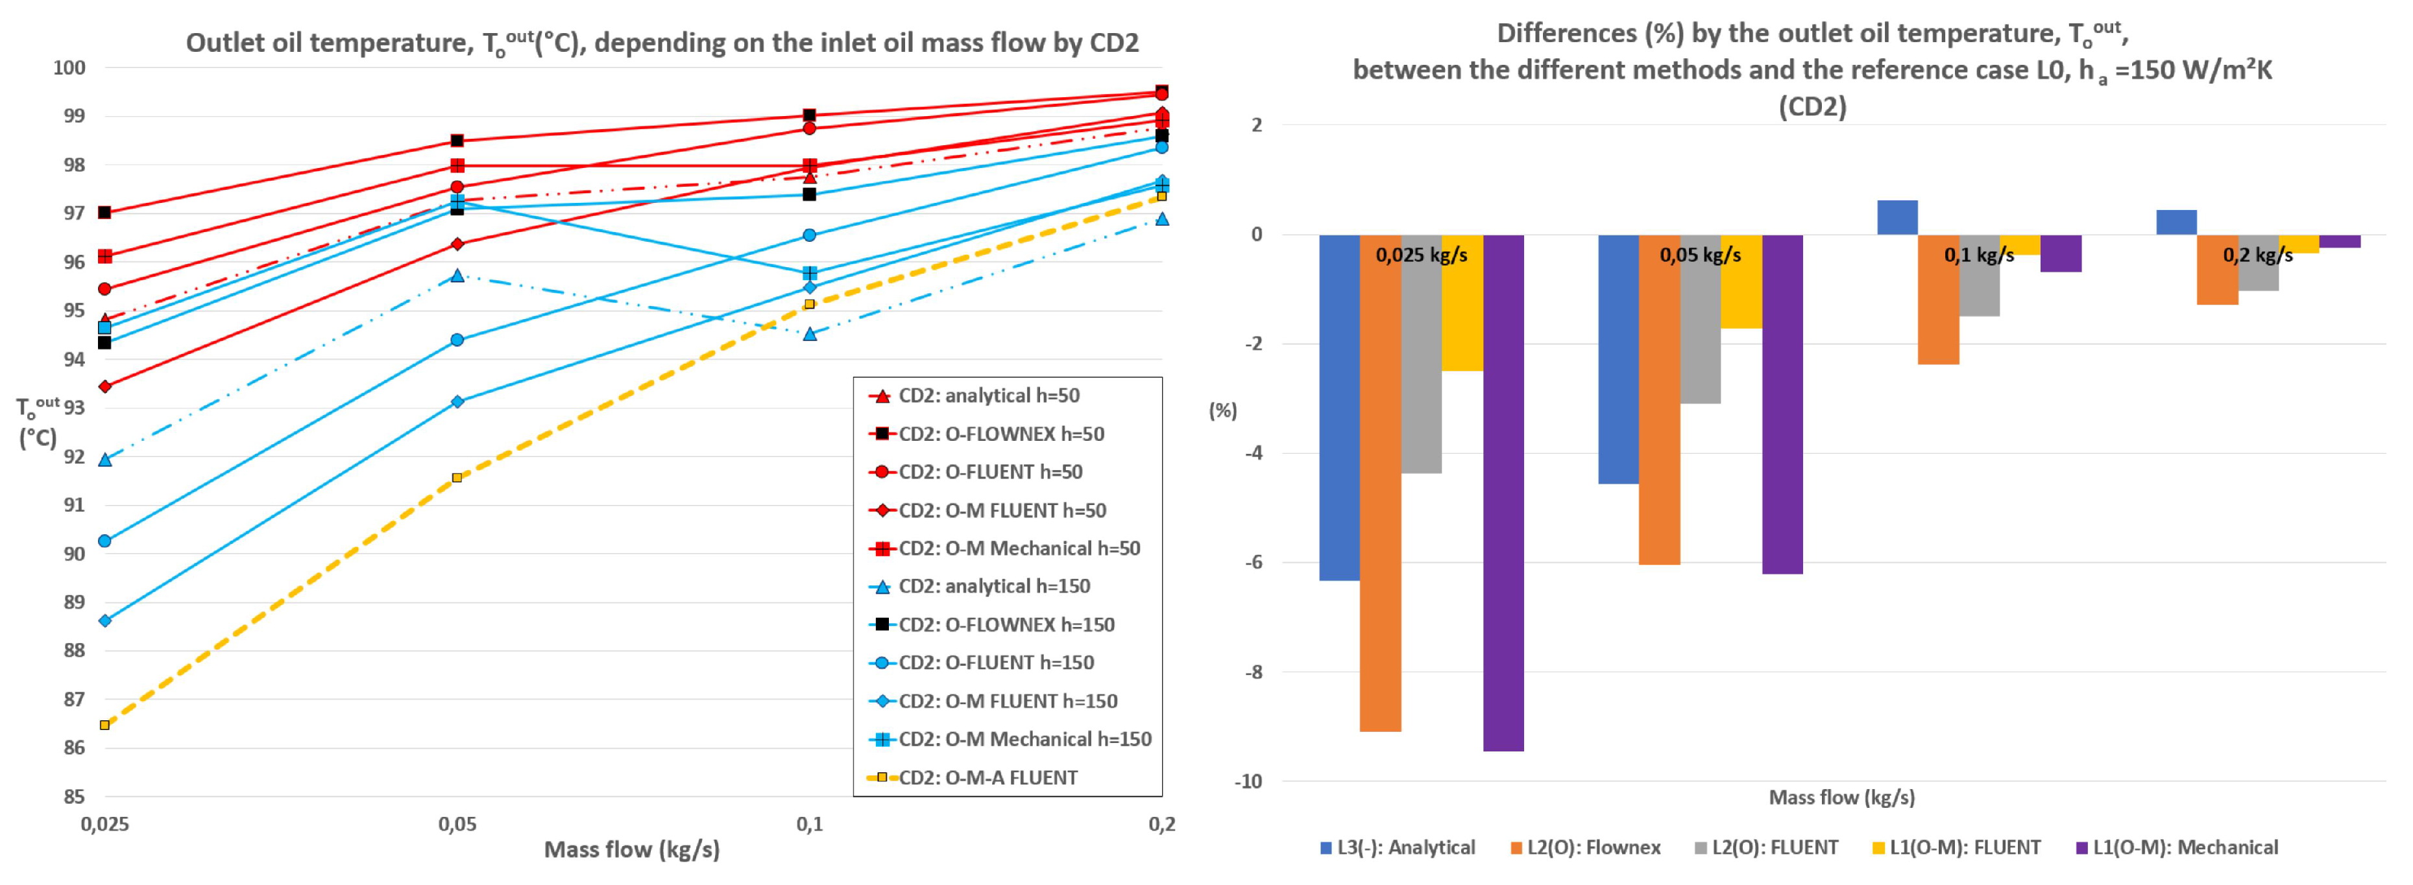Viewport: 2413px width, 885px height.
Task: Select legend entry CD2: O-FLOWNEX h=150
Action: click(x=1006, y=624)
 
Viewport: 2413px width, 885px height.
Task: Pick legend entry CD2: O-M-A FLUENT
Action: click(x=988, y=777)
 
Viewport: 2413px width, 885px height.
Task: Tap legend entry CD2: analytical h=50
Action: click(x=988, y=395)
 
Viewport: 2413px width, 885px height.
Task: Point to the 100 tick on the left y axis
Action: click(x=69, y=67)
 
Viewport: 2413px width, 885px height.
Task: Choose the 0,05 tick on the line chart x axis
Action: click(x=457, y=824)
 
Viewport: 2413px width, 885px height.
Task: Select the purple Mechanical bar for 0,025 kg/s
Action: click(x=1503, y=493)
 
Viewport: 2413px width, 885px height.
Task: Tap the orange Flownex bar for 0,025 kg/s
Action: click(x=1380, y=482)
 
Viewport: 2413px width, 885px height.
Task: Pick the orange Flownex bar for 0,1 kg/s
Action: click(x=1938, y=299)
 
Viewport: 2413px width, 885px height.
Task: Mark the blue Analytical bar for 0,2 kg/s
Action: click(x=2176, y=222)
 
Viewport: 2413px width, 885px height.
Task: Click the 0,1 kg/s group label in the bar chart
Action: click(x=1978, y=255)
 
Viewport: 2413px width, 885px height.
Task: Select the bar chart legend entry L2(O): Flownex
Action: click(x=1592, y=847)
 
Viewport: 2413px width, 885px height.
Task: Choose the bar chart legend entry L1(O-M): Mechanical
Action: click(x=2185, y=847)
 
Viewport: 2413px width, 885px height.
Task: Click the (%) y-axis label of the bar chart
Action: click(x=1222, y=410)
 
